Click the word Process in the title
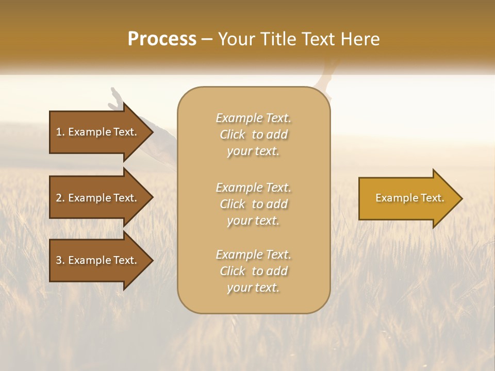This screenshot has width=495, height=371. tap(162, 39)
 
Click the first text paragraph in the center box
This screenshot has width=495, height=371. tap(253, 134)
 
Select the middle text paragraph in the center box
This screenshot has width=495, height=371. tap(253, 204)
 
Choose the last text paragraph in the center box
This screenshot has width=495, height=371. tap(253, 271)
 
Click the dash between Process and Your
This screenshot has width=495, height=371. tap(207, 39)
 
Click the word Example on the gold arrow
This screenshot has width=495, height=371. tap(392, 198)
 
